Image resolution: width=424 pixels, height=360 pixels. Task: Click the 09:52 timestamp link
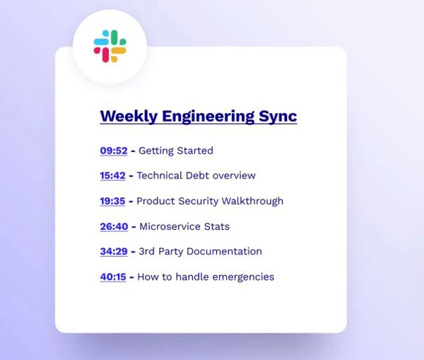(114, 151)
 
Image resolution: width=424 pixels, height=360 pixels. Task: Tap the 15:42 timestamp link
(112, 175)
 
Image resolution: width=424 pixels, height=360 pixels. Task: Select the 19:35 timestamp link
(112, 201)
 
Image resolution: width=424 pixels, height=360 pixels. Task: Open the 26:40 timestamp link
(114, 226)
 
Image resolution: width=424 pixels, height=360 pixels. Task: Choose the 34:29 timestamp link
(114, 251)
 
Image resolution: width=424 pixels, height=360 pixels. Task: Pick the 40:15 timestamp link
(113, 277)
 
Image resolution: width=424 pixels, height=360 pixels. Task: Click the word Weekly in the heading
(129, 116)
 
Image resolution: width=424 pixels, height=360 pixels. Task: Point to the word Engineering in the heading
(208, 117)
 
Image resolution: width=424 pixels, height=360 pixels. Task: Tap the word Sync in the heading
(278, 117)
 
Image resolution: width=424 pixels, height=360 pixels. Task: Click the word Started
(195, 151)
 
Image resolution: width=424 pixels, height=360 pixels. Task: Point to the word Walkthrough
(252, 201)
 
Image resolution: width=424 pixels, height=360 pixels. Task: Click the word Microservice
(170, 226)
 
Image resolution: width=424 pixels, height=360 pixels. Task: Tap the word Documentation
(224, 251)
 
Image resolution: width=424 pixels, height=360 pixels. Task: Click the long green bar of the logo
(114, 37)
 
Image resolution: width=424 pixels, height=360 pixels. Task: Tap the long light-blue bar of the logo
(101, 42)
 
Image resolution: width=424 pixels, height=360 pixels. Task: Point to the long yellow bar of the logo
(119, 51)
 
